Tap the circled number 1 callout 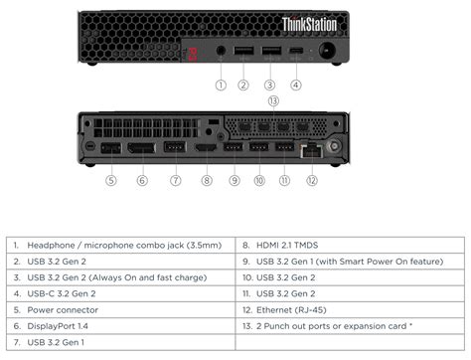221,85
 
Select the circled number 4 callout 295,85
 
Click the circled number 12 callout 311,180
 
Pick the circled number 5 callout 111,180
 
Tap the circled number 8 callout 207,180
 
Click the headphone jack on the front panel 221,52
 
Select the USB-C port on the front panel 295,52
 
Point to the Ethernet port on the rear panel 310,149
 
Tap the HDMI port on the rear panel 207,148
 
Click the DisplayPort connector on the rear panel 142,148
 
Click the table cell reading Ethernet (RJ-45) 287,309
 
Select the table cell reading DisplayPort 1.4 58,326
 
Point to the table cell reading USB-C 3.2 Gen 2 62,293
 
